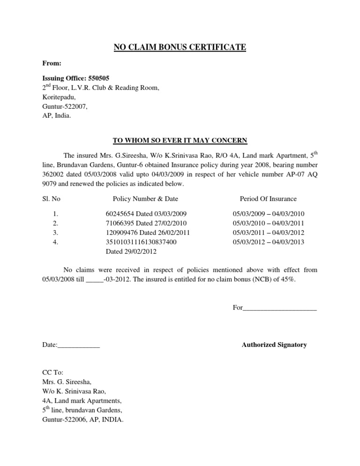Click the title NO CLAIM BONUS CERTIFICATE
(x=180, y=47)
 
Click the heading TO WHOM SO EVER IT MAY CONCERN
(x=180, y=140)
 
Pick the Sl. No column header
(x=51, y=199)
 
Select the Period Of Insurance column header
(x=268, y=199)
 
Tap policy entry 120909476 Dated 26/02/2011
(x=148, y=233)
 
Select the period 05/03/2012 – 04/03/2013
(x=269, y=242)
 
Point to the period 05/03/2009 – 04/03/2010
(x=269, y=214)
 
